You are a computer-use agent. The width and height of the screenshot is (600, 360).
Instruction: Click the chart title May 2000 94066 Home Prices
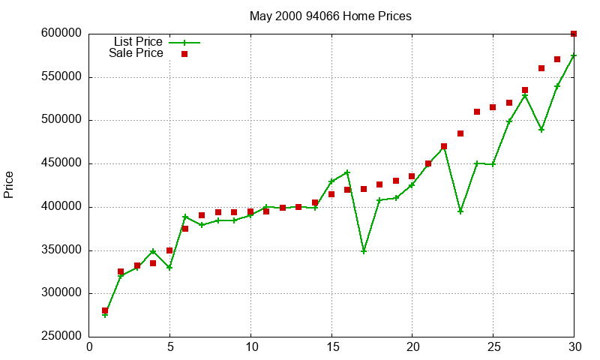[330, 16]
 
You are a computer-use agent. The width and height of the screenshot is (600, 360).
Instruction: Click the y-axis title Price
[9, 184]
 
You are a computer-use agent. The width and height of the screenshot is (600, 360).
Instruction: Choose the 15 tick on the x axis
[331, 347]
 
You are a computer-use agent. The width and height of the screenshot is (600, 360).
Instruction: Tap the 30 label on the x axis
[574, 347]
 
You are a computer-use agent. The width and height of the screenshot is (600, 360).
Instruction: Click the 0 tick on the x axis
[89, 347]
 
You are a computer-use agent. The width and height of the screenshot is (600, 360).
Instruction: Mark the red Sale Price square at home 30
[574, 34]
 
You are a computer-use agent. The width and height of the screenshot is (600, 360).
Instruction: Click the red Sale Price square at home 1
[105, 310]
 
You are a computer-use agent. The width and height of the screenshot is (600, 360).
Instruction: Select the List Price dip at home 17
[364, 250]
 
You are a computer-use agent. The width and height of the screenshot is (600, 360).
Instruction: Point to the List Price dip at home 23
[460, 211]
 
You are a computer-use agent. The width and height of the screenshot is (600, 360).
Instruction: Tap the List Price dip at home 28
[541, 130]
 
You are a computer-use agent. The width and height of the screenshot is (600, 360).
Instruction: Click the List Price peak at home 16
[347, 172]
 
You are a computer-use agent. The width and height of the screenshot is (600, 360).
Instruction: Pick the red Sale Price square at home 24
[477, 112]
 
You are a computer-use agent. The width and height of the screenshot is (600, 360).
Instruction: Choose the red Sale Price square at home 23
[460, 133]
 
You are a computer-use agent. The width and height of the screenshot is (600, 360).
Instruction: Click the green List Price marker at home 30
[574, 55]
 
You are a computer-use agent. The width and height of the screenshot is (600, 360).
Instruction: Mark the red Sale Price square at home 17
[364, 189]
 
